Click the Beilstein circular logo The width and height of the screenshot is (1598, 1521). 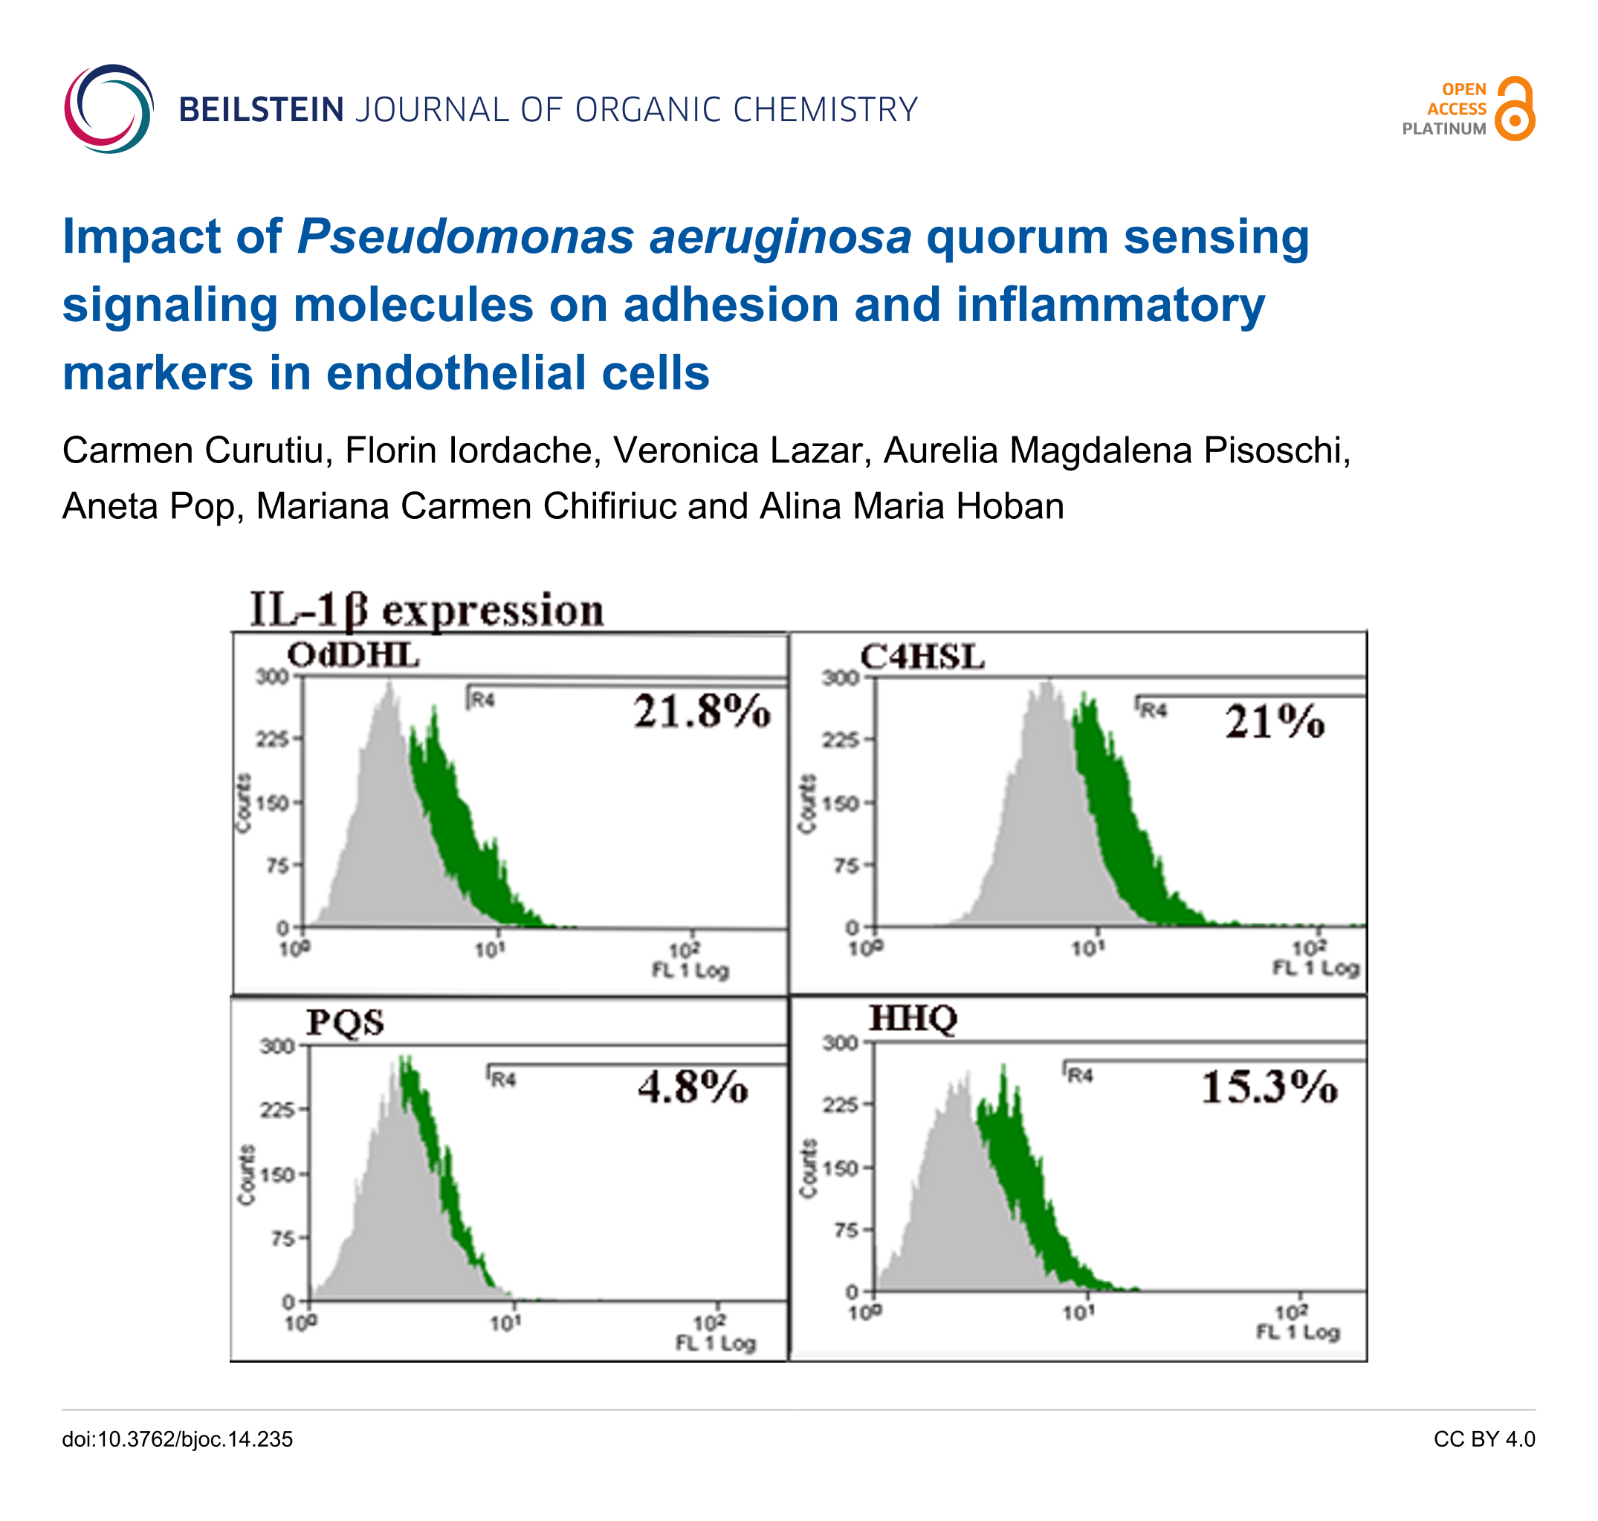pyautogui.click(x=109, y=109)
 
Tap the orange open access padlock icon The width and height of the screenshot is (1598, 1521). pyautogui.click(x=1515, y=109)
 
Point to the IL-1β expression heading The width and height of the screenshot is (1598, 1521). pyautogui.click(x=427, y=610)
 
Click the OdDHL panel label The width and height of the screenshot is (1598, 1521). pyautogui.click(x=354, y=655)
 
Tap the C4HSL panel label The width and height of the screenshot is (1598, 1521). pyautogui.click(x=922, y=656)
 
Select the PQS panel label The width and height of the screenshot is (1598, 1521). pyautogui.click(x=345, y=1022)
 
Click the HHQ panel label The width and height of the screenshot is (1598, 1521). pyautogui.click(x=913, y=1018)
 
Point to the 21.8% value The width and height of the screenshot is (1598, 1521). pyautogui.click(x=702, y=712)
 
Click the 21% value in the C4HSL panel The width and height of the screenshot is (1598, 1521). pyautogui.click(x=1275, y=721)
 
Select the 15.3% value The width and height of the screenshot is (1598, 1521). pyautogui.click(x=1269, y=1088)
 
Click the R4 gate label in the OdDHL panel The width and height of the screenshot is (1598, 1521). pyautogui.click(x=482, y=700)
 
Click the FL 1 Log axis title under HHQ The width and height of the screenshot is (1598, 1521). pyautogui.click(x=1298, y=1332)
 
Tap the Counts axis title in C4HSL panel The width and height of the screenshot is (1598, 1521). pyautogui.click(x=806, y=804)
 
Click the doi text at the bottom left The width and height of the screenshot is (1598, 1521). pyautogui.click(x=178, y=1439)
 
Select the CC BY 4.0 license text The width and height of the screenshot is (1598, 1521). pyautogui.click(x=1484, y=1439)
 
